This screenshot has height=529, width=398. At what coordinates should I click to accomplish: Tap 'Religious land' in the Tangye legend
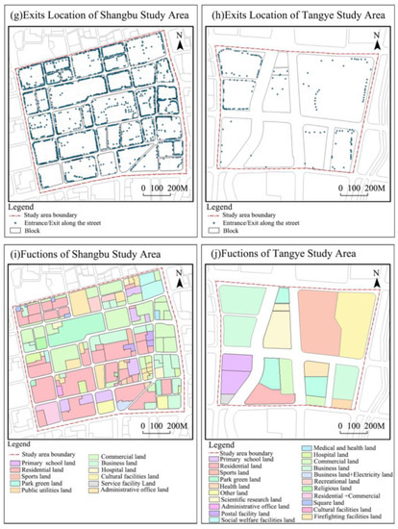pyautogui.click(x=331, y=487)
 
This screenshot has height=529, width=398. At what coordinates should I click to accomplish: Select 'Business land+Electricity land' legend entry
pyautogui.click(x=349, y=473)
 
